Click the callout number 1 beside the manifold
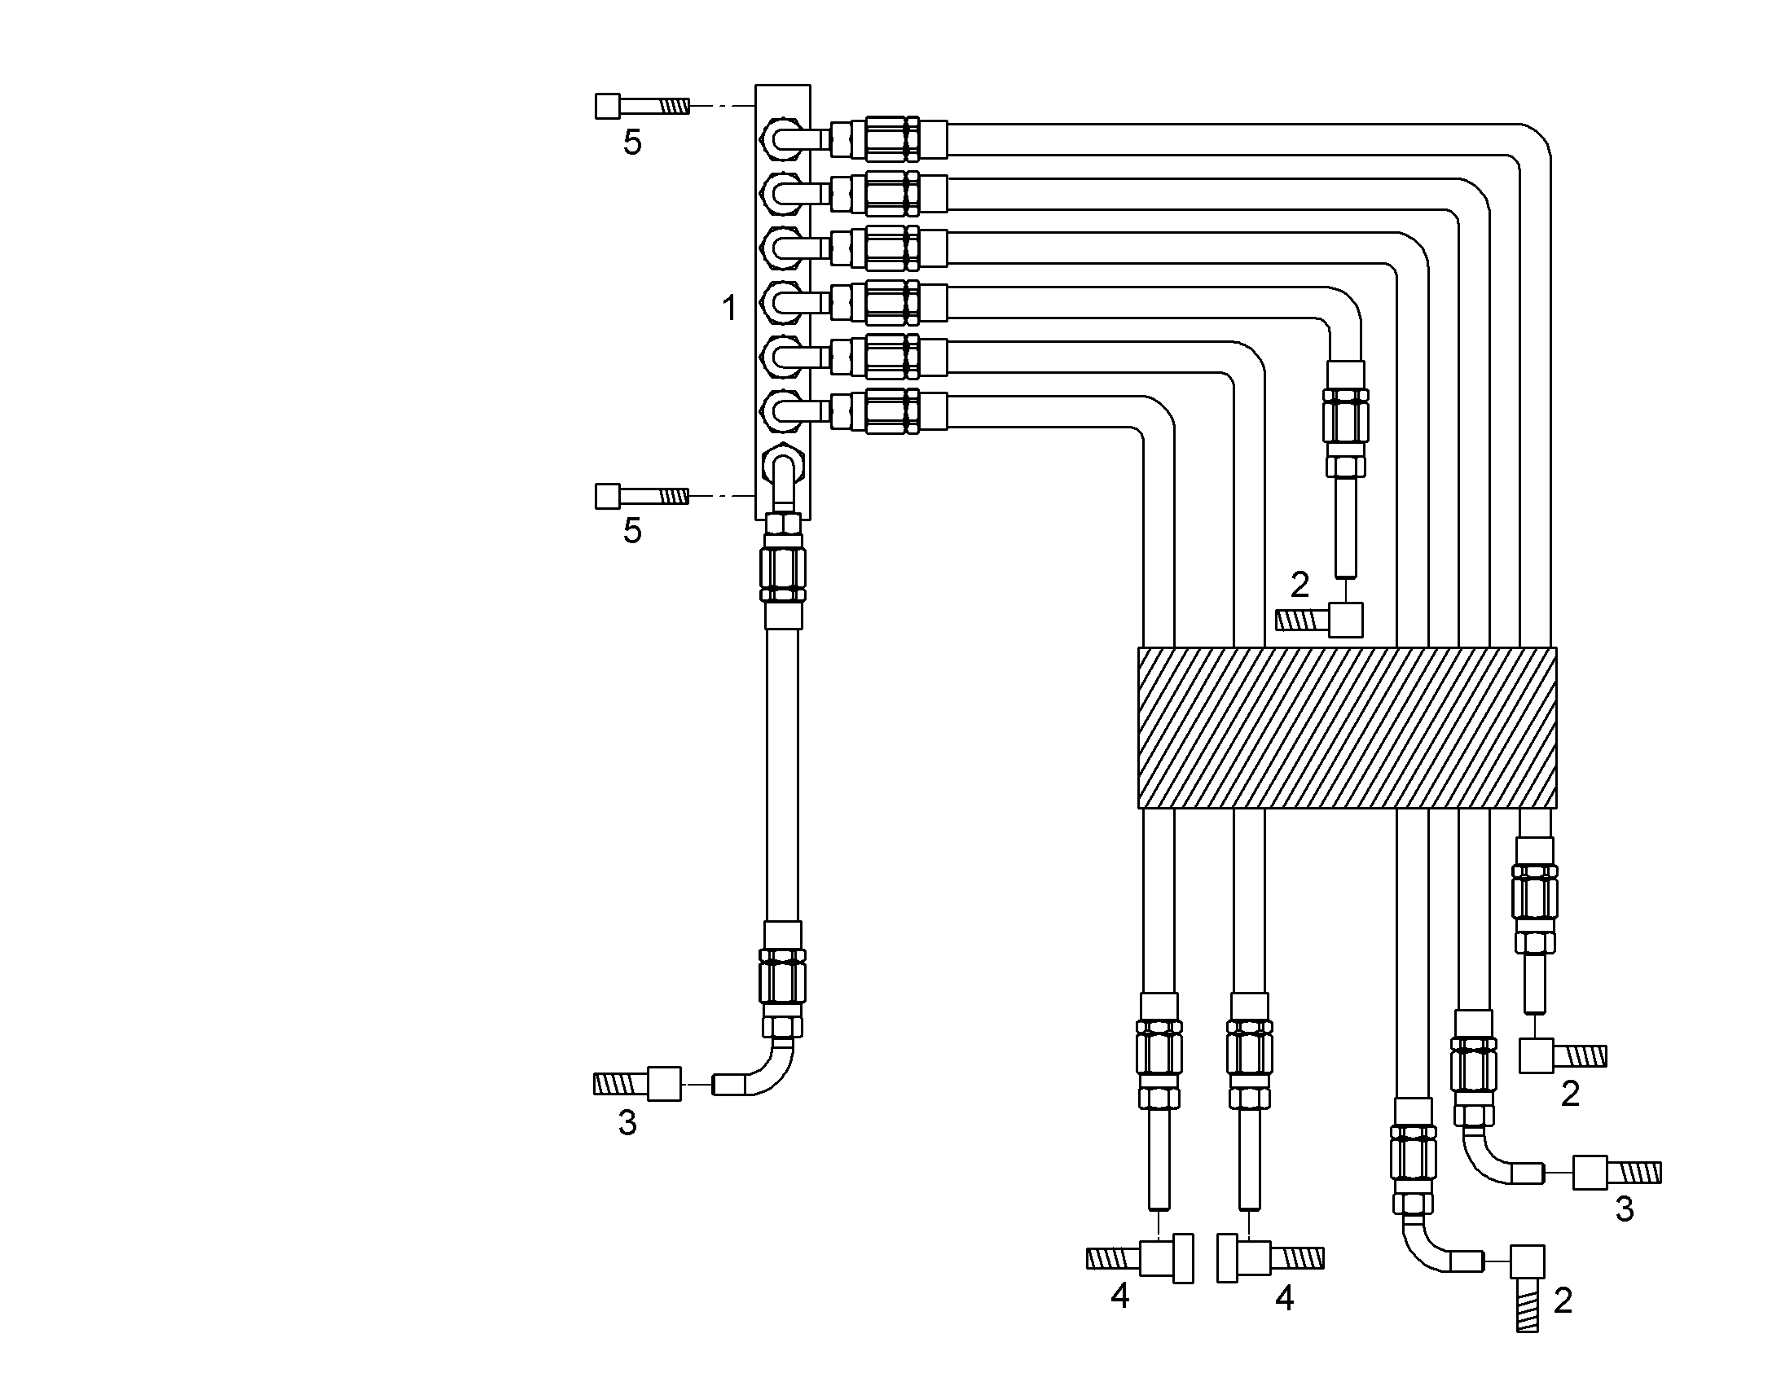[729, 309]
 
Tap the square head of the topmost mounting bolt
[607, 106]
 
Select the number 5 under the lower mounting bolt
[632, 531]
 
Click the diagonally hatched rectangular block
[1348, 728]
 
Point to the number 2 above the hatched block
[1299, 585]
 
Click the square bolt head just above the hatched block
[1346, 620]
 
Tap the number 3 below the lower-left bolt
[627, 1123]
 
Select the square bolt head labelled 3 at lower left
[663, 1084]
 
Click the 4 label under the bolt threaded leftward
[1120, 1296]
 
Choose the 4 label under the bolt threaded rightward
[1284, 1299]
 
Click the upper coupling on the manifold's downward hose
[783, 569]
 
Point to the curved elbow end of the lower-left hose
[758, 1071]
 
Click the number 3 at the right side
[1624, 1209]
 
